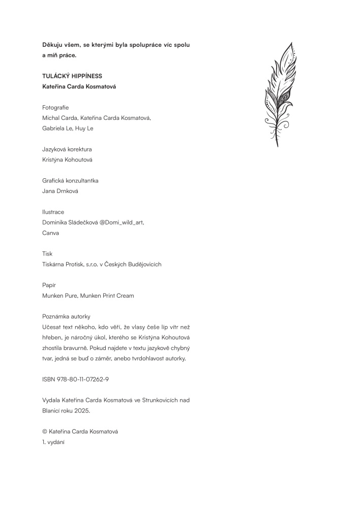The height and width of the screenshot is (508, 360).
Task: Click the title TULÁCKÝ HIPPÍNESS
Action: pos(72,76)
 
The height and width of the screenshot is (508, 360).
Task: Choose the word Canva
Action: pos(51,233)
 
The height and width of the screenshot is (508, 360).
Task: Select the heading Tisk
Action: pos(47,253)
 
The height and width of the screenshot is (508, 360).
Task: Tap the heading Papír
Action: pos(49,285)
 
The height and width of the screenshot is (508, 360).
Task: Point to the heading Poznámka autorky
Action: pos(66,316)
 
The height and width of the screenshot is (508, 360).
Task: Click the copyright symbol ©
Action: pos(45,431)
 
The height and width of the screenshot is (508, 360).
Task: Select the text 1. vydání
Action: pos(52,442)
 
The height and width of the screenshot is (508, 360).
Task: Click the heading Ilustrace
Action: pos(53,212)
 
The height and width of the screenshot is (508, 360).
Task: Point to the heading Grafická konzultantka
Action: pos(70,181)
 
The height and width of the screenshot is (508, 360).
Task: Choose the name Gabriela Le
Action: pos(56,129)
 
